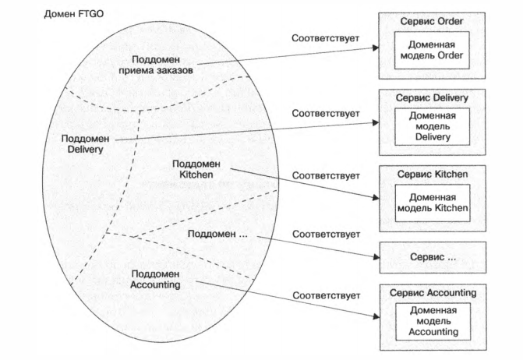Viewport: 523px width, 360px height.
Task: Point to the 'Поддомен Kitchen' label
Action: pos(196,168)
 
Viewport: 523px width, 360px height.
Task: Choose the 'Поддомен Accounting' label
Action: pos(156,279)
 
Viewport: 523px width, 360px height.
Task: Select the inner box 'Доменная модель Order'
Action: pos(431,51)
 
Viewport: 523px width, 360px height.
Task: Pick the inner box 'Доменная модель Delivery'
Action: pos(431,125)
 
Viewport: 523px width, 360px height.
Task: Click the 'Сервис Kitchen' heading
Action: pos(432,173)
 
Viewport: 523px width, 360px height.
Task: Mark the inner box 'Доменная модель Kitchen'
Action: pos(431,202)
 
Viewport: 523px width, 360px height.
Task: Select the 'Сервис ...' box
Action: pos(432,255)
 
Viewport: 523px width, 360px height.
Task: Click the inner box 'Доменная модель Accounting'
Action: pos(431,320)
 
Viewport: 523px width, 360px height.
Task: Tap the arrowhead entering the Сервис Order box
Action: pos(375,48)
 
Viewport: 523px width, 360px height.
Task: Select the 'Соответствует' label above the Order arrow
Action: pos(326,37)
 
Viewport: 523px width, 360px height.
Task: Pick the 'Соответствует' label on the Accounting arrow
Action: pos(326,295)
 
